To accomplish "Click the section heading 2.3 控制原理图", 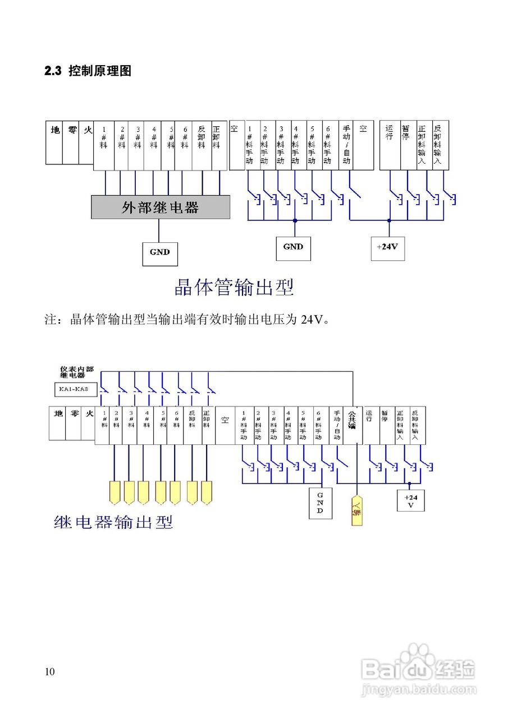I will coord(88,71).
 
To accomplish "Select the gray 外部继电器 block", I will coord(161,208).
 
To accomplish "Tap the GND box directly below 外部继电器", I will coord(159,252).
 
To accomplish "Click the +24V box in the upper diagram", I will coord(387,247).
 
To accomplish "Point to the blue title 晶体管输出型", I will coord(235,288).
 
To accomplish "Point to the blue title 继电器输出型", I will coord(113,522).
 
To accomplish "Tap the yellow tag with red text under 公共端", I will coord(356,510).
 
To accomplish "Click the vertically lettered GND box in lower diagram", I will coord(320,503).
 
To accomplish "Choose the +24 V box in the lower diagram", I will coord(410,501).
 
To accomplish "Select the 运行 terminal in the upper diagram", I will coord(390,145).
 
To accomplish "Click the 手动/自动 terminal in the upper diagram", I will coord(346,145).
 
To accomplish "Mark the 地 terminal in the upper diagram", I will coord(55,143).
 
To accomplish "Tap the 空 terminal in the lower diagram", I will coord(225,425).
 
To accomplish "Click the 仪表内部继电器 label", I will coord(77,372).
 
